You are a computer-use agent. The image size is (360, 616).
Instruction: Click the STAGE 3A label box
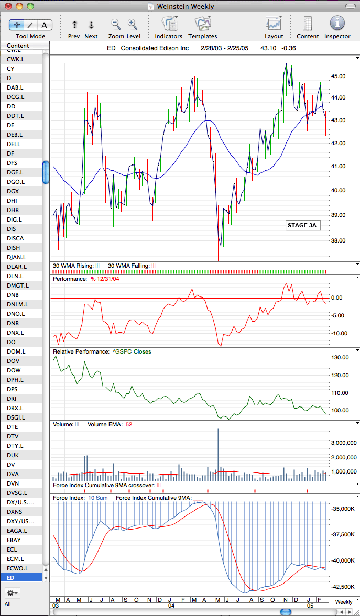[302, 225]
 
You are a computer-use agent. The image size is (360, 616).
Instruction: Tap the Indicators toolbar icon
[169, 24]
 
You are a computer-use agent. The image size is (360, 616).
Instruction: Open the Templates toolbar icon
[203, 24]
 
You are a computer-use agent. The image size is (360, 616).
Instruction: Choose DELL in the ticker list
[14, 144]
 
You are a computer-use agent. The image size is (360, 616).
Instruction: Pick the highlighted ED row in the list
[24, 578]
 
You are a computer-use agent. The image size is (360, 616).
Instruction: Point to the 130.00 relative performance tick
[341, 357]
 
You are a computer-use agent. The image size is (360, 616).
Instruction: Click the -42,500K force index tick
[342, 587]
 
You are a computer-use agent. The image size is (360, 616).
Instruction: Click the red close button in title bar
[8, 7]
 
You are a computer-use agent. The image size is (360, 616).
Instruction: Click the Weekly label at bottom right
[344, 602]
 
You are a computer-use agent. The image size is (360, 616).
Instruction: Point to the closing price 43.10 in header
[267, 48]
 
